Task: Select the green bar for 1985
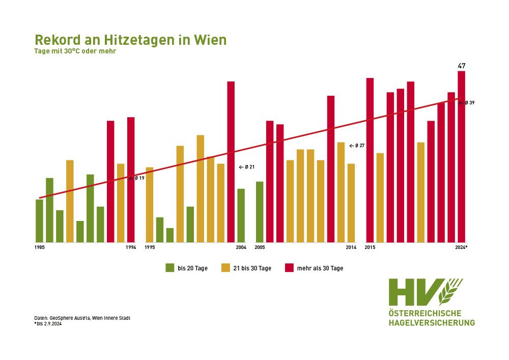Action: click(x=39, y=220)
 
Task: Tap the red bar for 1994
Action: click(x=131, y=179)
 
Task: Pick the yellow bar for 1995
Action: click(x=150, y=204)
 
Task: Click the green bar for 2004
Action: click(x=241, y=215)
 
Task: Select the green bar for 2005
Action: click(x=260, y=212)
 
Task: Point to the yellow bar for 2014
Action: click(x=351, y=203)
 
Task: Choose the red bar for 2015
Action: click(x=370, y=160)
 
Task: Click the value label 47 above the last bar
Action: click(x=462, y=66)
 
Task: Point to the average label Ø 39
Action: click(x=469, y=103)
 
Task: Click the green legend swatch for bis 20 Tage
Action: click(x=170, y=268)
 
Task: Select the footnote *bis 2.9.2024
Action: click(x=48, y=323)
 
